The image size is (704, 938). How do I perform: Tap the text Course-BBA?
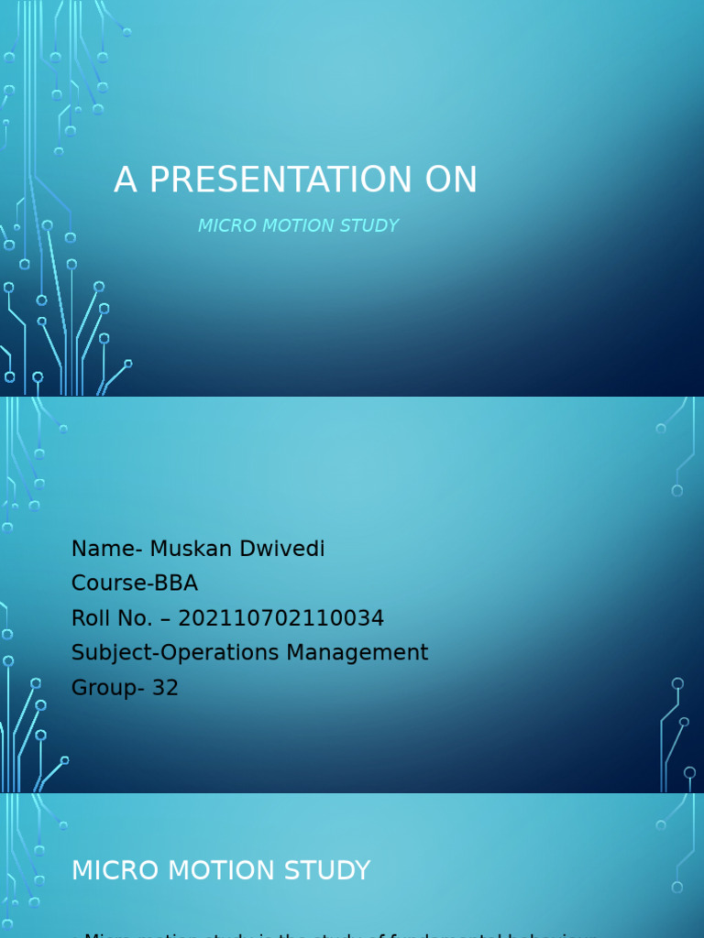coord(135,584)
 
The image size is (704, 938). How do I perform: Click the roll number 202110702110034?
coord(280,618)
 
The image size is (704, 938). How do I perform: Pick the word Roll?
coord(90,618)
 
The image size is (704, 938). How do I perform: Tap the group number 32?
coord(165,688)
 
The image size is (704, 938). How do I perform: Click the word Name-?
coord(106,549)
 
